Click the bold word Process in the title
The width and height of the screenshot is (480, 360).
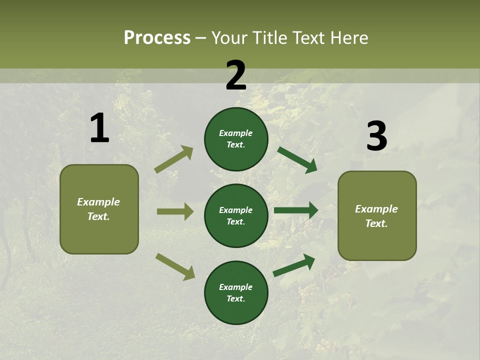(157, 38)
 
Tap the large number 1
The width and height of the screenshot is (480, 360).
(99, 128)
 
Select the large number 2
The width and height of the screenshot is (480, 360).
(236, 75)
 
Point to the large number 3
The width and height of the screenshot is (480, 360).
(376, 136)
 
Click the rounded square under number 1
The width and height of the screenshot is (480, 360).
(99, 209)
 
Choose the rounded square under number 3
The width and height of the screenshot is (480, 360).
(377, 215)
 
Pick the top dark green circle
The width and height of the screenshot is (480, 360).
(236, 139)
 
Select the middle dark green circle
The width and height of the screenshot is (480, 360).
(236, 215)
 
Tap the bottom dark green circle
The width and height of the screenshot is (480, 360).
(236, 292)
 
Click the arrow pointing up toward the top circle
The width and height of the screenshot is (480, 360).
(173, 159)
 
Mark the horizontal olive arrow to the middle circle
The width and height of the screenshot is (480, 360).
(175, 211)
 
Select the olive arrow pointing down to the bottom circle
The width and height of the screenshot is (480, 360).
(175, 266)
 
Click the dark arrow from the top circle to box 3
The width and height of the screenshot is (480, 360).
(297, 160)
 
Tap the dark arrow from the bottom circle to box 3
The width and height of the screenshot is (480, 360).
(294, 265)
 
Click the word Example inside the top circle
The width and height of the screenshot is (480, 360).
(236, 133)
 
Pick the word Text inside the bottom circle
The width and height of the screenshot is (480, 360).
(235, 298)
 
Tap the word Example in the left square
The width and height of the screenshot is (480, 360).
(98, 202)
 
